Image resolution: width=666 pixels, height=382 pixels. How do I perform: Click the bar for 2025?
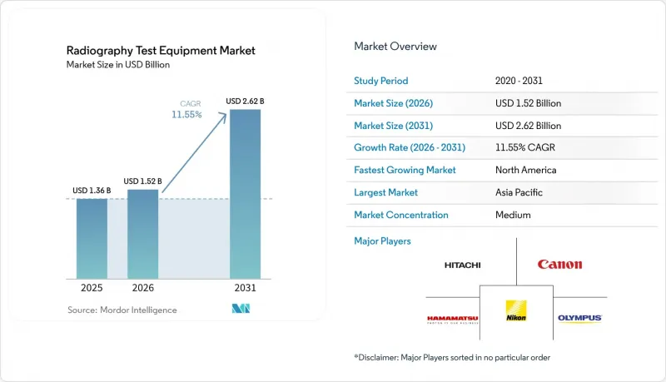point(92,239)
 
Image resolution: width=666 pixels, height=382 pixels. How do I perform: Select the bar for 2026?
point(142,234)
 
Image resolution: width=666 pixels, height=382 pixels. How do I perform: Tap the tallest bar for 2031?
point(245,194)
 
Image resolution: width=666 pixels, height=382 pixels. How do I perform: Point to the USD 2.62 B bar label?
point(245,101)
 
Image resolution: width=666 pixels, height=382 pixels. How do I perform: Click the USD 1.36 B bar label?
point(92,190)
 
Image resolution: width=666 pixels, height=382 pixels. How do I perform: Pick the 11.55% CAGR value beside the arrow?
point(186,115)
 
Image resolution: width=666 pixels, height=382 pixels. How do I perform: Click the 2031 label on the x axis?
point(245,288)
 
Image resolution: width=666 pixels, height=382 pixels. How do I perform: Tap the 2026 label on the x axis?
point(142,288)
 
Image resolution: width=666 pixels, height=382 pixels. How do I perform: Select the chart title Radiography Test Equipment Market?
point(161,51)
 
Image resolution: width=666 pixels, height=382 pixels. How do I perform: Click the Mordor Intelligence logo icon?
point(241,309)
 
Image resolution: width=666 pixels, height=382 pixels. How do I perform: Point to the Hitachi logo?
point(463,265)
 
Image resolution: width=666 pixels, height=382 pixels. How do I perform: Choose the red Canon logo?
point(559,265)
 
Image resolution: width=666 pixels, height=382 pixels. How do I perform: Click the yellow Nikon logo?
point(516,310)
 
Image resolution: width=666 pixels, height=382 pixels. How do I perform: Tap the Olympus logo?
point(579,318)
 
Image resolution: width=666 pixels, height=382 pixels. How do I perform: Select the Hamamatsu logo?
point(453,320)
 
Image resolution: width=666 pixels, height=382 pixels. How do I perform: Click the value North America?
point(526,170)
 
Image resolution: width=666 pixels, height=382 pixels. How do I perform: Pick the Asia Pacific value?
point(519,192)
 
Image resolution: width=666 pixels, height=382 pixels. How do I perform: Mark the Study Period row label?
point(381,81)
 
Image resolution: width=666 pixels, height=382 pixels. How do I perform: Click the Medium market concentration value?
point(513,215)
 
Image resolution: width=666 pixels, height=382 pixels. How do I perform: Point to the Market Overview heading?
point(395,47)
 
